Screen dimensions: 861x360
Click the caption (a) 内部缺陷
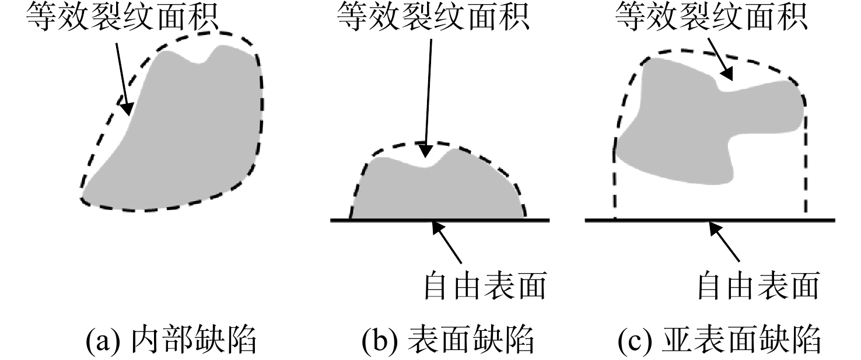[171, 340]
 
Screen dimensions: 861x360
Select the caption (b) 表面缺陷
[448, 340]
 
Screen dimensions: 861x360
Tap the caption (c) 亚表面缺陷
[719, 340]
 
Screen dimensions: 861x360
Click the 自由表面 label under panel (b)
[485, 286]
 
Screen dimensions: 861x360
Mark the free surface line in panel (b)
[440, 221]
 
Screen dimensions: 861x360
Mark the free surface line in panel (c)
[710, 221]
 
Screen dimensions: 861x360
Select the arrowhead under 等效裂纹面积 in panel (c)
[727, 74]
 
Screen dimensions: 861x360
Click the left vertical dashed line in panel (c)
[615, 181]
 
